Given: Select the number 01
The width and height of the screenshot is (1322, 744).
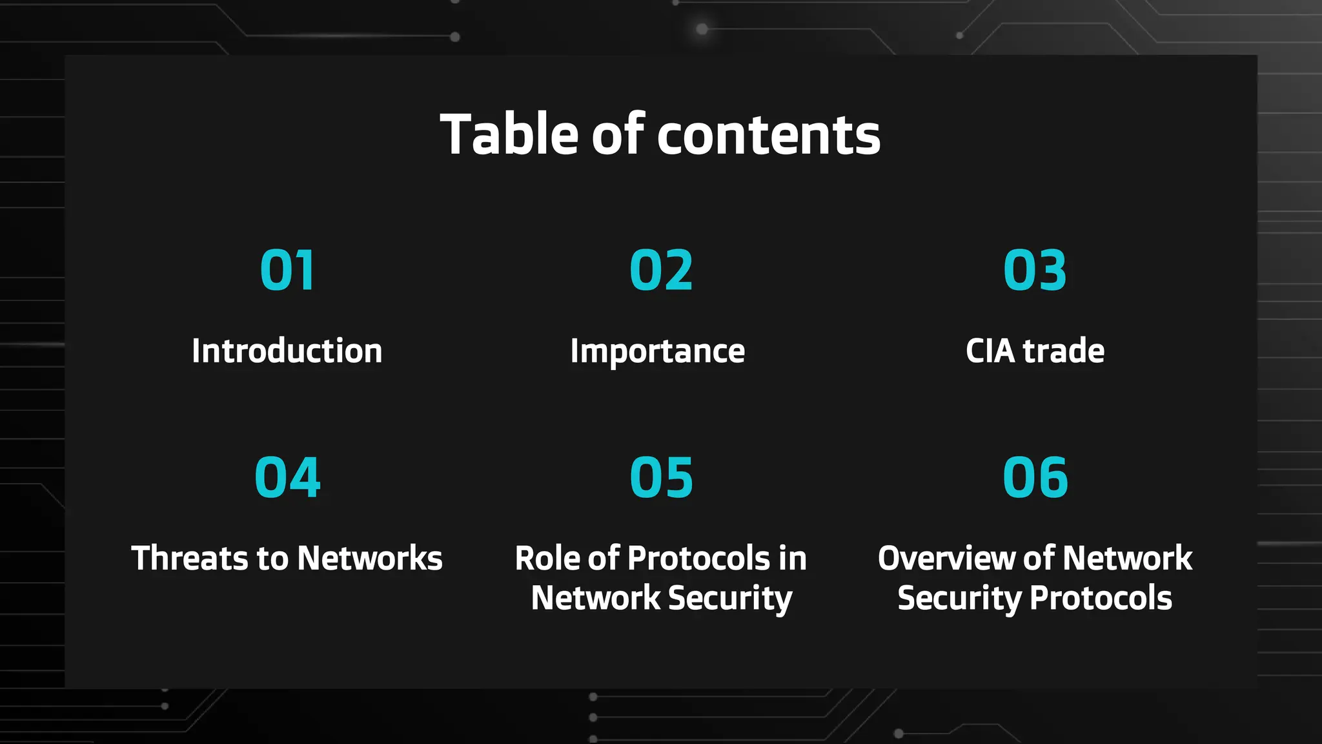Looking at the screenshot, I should (x=287, y=270).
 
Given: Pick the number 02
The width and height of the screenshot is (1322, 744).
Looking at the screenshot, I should (x=661, y=270).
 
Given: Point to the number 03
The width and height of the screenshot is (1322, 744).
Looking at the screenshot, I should (x=1035, y=270).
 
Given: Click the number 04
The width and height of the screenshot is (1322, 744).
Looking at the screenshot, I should (x=287, y=477).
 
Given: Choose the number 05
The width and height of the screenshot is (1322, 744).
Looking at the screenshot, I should (x=661, y=477).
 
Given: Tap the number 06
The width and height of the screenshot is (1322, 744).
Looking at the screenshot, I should (x=1035, y=477).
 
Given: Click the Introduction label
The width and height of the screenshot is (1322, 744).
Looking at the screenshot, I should (x=287, y=351).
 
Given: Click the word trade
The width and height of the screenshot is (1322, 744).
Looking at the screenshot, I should (x=1064, y=351).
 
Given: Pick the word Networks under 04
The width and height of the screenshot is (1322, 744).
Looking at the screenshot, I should (x=370, y=558).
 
